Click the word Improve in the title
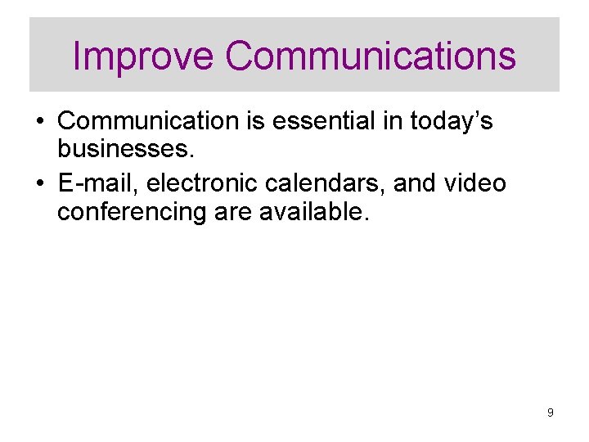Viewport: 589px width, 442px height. (143, 56)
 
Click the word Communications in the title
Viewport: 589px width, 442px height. (371, 56)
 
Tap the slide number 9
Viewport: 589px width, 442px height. (551, 413)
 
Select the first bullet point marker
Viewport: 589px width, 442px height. (39, 122)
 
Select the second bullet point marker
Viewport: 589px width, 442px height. (39, 184)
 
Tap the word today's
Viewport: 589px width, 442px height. (451, 121)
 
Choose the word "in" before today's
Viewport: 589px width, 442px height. (389, 121)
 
